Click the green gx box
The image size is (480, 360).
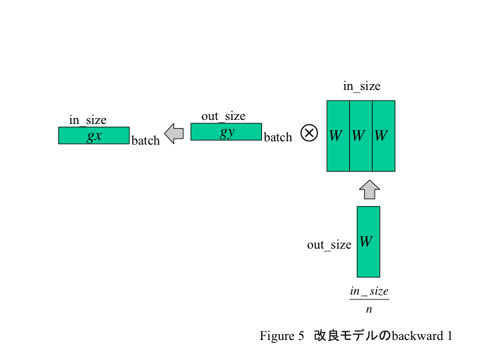click(x=94, y=136)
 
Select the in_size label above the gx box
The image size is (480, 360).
click(x=88, y=120)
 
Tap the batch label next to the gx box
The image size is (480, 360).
click(x=145, y=141)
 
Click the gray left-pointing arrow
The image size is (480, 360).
click(x=174, y=133)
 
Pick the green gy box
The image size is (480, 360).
click(x=226, y=132)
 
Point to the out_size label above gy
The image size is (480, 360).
click(x=223, y=116)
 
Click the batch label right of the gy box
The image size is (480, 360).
click(x=278, y=137)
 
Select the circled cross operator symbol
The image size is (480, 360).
click(x=309, y=133)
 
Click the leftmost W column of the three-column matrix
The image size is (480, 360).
click(x=338, y=136)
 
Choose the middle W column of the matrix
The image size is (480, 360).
click(x=361, y=136)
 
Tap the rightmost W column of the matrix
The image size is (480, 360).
click(x=383, y=136)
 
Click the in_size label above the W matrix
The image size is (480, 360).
click(x=361, y=86)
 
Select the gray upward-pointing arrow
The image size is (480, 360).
click(x=369, y=189)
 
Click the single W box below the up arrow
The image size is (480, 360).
click(x=369, y=241)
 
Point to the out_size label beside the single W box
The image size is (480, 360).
click(x=329, y=245)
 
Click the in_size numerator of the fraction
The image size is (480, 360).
click(x=369, y=291)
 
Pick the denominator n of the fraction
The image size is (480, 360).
click(x=369, y=309)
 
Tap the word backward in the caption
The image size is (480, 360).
click(x=417, y=336)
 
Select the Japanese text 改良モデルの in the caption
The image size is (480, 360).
click(x=352, y=336)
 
